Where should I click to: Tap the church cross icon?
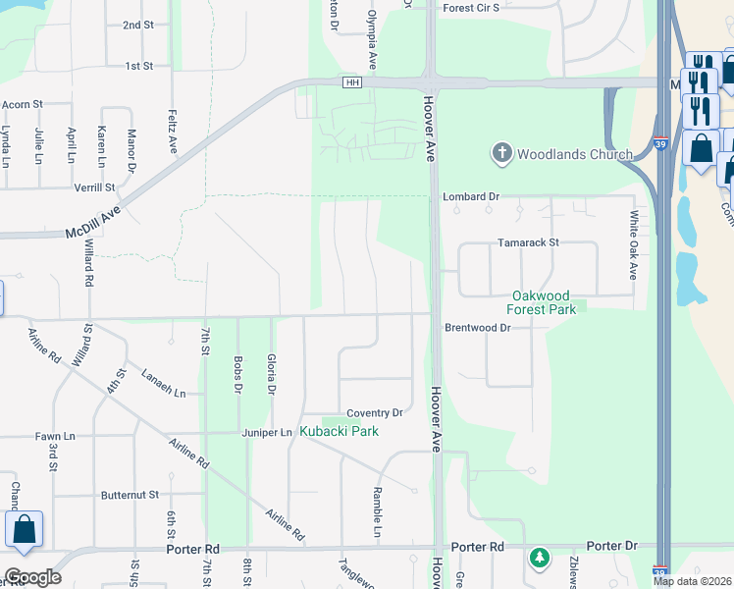click(501, 153)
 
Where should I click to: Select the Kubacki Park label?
click(339, 431)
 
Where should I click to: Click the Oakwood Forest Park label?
click(541, 301)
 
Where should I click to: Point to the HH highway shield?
click(351, 81)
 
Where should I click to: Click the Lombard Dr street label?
click(470, 196)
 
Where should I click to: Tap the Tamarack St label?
click(527, 241)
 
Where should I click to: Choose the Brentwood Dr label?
click(478, 327)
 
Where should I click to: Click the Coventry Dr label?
click(375, 413)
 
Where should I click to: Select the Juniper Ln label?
click(267, 432)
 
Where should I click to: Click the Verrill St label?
click(94, 187)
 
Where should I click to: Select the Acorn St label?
click(24, 103)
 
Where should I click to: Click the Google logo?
click(32, 577)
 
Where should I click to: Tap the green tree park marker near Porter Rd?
click(539, 559)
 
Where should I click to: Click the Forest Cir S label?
click(471, 7)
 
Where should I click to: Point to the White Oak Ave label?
click(635, 245)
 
